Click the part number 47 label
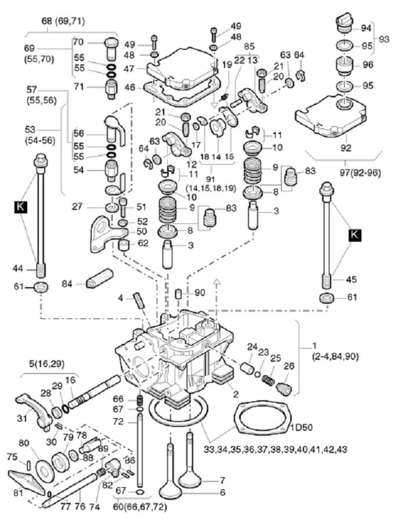tap(129, 68)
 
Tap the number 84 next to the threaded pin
tap(67, 284)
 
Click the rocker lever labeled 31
tap(33, 410)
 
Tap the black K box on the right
tap(354, 235)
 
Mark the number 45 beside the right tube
tap(352, 279)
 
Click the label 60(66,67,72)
tap(140, 507)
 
